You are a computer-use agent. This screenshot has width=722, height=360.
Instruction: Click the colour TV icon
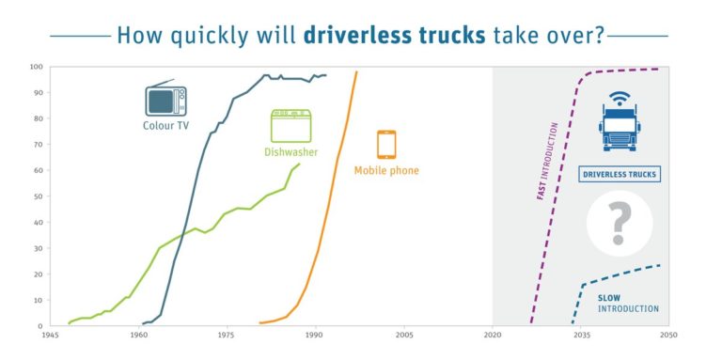coord(165,100)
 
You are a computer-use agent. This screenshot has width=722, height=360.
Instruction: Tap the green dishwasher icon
coord(290,126)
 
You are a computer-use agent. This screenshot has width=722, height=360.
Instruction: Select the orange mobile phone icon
coord(386,145)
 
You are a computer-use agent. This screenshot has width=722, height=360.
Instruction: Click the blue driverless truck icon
coord(620,129)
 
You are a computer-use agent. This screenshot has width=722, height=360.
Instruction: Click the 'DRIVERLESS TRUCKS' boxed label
coord(620,174)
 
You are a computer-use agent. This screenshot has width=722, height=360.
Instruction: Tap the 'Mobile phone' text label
coord(386,170)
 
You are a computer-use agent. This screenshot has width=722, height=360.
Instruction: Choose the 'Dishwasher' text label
coord(290,150)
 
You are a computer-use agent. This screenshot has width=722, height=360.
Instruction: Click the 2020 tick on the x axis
coord(493,335)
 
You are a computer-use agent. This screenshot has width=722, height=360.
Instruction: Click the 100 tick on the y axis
coord(36,67)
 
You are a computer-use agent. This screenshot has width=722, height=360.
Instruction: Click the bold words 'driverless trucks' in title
coord(396,36)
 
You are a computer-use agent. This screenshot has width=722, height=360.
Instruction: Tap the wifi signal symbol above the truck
coord(619,98)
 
